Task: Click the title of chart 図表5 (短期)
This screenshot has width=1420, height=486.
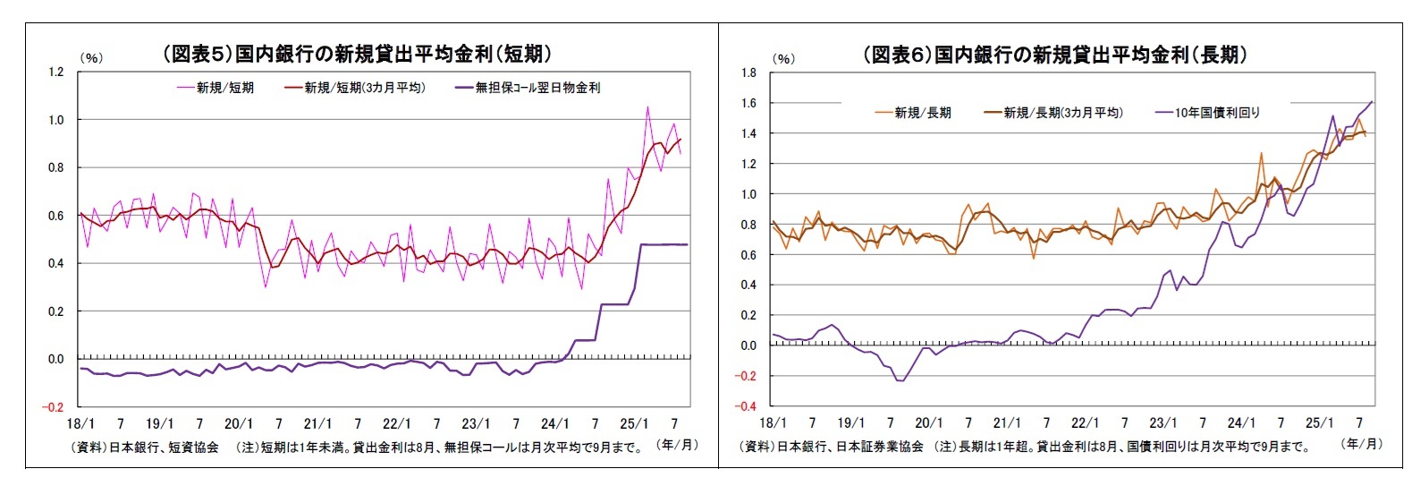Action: [356, 54]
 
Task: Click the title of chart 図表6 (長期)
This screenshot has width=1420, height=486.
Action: [1055, 55]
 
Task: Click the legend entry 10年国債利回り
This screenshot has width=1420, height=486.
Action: [1217, 113]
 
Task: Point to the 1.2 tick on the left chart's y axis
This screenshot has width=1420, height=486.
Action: [55, 72]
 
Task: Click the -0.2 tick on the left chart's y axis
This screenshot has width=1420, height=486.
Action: [54, 407]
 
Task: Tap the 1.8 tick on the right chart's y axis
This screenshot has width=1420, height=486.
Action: [748, 72]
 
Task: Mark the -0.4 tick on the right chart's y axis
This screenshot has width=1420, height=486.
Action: [747, 406]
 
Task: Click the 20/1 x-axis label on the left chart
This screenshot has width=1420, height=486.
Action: [239, 424]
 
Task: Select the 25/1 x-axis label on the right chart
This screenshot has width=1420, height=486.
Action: [1319, 423]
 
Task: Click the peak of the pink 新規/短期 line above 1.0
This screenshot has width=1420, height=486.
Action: [647, 107]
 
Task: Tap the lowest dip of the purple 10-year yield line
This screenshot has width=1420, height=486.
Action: [901, 381]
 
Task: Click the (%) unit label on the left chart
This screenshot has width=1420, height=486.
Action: [91, 58]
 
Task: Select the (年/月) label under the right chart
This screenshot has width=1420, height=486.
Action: [1363, 444]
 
